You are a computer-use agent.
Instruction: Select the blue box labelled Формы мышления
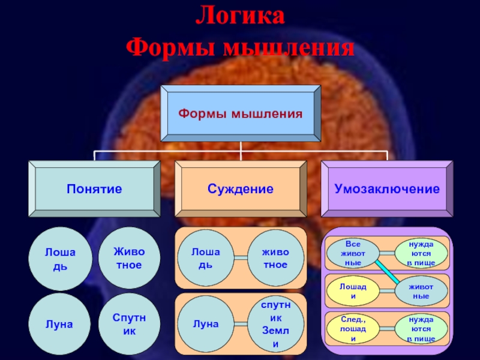tap(240, 113)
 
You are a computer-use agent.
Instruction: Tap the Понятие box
tap(94, 189)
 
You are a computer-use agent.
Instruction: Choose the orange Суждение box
tap(240, 189)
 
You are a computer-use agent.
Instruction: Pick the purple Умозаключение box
tap(386, 189)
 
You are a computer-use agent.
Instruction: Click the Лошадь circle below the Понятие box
tap(60, 259)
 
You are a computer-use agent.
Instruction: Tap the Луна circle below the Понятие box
tap(60, 325)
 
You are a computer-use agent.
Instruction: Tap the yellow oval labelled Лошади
tap(353, 291)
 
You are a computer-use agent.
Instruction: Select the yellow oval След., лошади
tap(353, 329)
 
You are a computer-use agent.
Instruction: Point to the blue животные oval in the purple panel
tap(421, 291)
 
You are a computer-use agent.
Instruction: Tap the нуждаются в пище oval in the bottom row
tap(421, 329)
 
